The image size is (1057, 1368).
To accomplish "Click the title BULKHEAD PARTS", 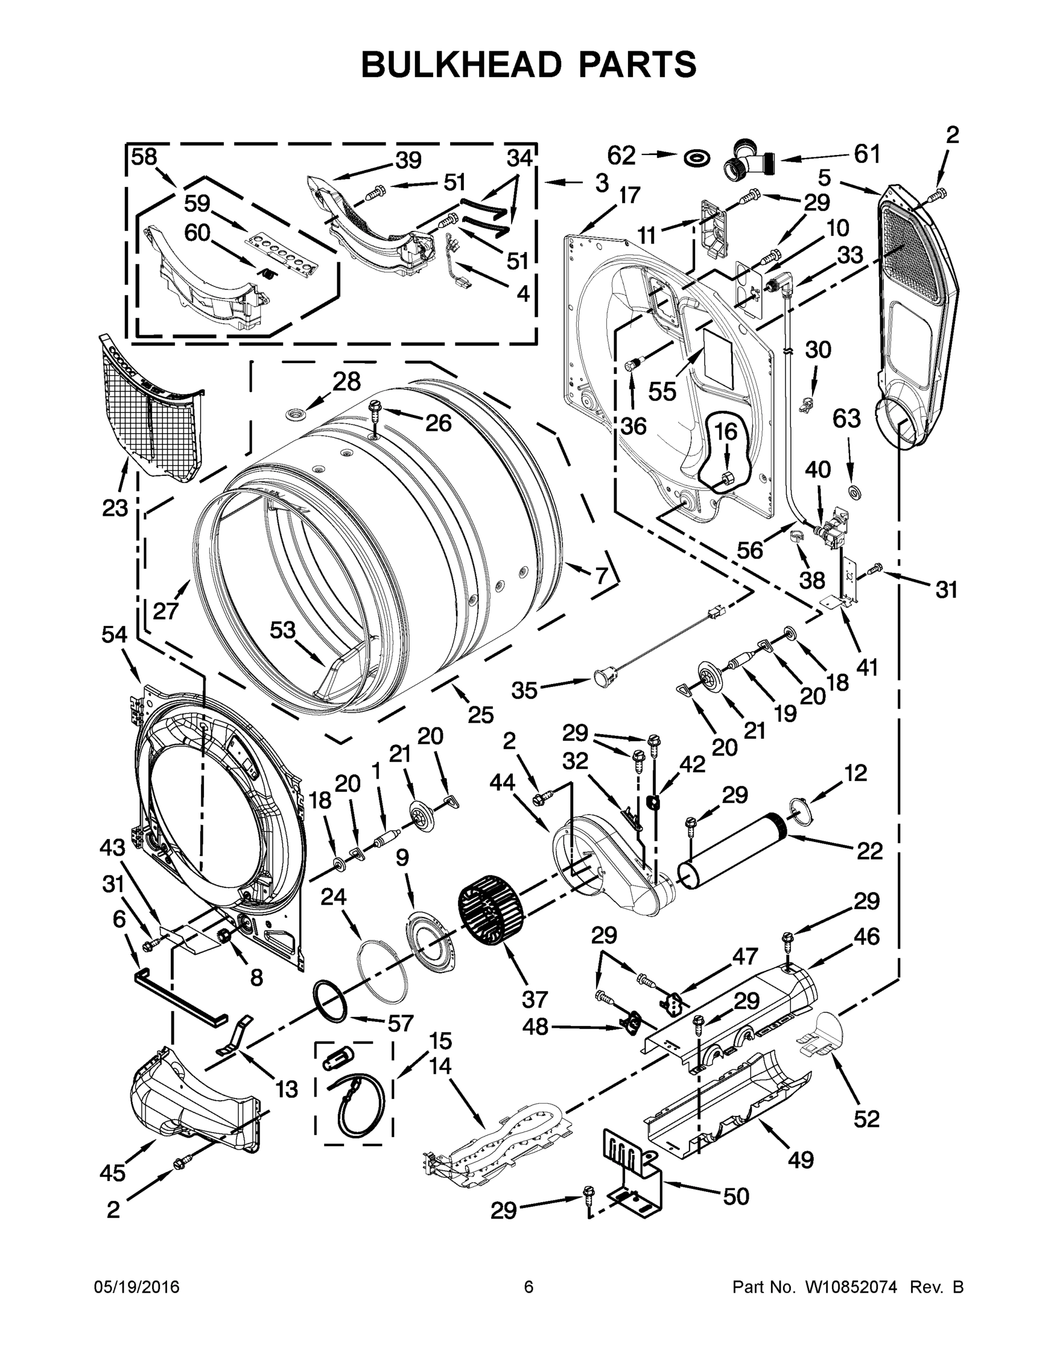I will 529,65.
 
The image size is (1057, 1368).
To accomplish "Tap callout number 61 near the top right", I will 867,153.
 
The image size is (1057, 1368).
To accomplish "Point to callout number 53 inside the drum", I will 283,630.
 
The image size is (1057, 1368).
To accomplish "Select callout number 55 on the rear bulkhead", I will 663,392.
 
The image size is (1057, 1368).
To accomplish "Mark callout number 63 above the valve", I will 847,418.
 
